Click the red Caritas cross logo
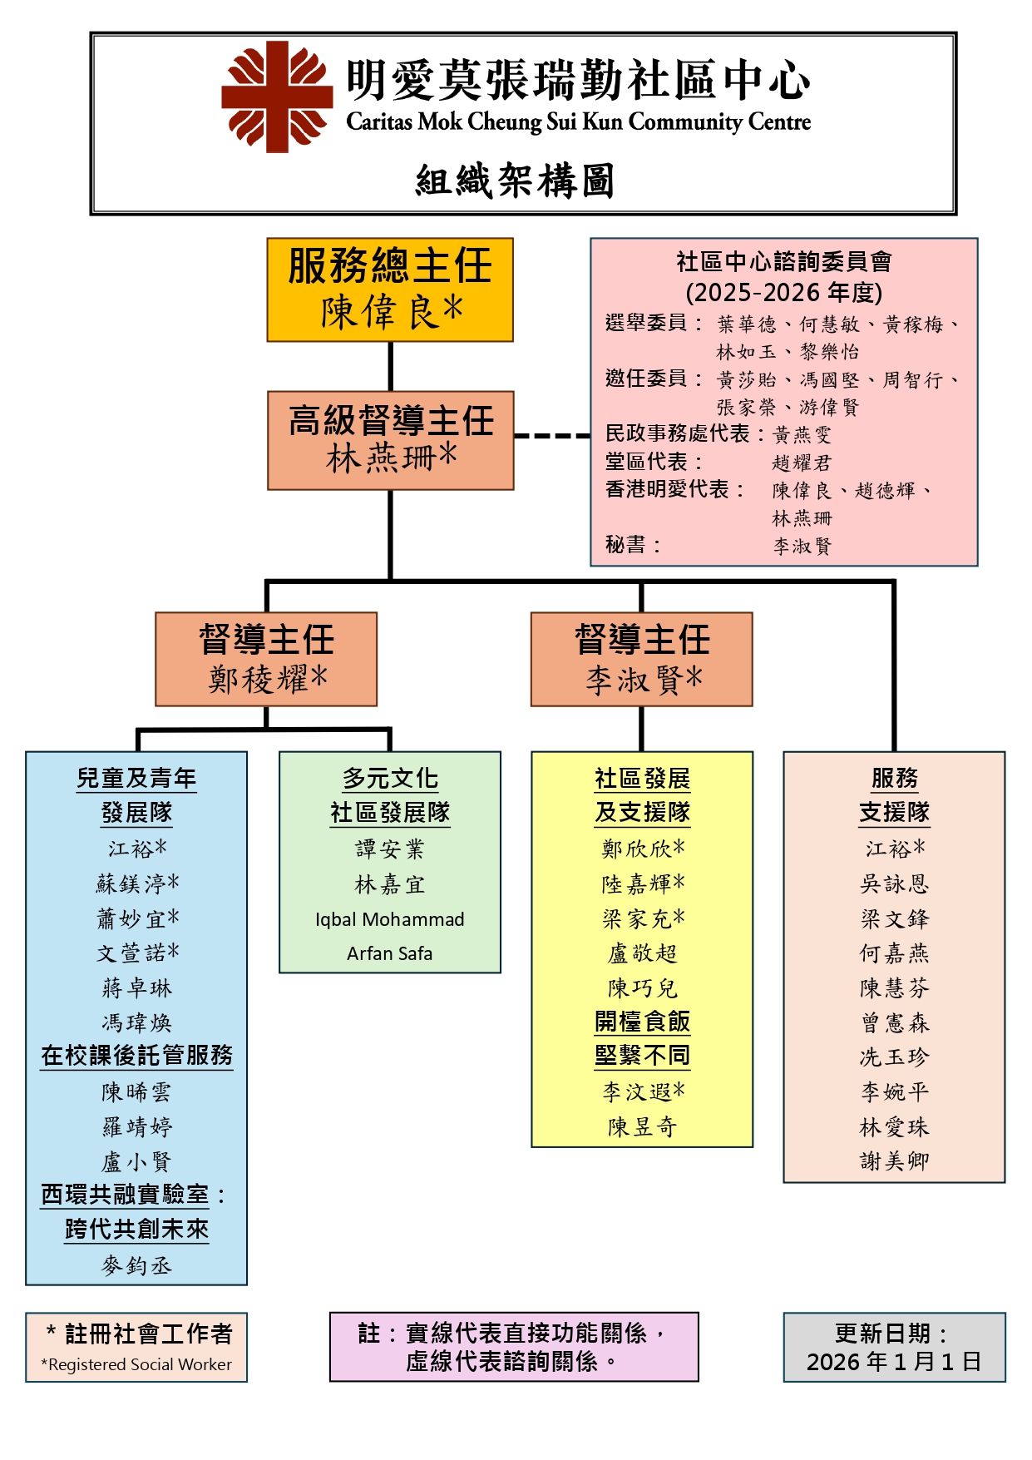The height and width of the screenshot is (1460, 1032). [x=276, y=97]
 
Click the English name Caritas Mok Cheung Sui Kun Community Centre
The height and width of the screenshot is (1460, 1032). [x=578, y=122]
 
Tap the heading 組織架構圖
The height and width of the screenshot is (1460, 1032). [x=515, y=181]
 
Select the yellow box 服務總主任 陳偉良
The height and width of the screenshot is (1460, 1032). [x=390, y=290]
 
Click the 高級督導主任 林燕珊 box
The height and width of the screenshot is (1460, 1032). [x=391, y=440]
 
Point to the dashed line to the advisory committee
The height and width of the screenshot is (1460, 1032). [x=551, y=435]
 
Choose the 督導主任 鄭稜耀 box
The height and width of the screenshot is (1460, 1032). [x=266, y=659]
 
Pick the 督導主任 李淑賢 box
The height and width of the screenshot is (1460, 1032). [x=641, y=659]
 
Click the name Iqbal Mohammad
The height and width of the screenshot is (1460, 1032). [x=389, y=919]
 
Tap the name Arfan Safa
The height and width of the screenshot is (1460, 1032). [x=389, y=953]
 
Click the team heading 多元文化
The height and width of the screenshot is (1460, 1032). [x=390, y=778]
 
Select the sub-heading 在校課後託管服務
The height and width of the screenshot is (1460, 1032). [x=136, y=1056]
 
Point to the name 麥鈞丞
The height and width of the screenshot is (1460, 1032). [x=136, y=1265]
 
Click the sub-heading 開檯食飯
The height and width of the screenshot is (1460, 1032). [x=642, y=1022]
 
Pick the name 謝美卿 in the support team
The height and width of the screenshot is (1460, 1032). [x=894, y=1161]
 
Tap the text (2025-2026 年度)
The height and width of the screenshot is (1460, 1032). [x=783, y=292]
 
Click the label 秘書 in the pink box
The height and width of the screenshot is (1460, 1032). [x=625, y=545]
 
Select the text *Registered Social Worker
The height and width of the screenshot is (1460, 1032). [x=136, y=1364]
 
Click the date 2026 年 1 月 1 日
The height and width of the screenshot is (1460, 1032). [x=894, y=1362]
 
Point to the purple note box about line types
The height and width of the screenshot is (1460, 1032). [x=514, y=1347]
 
